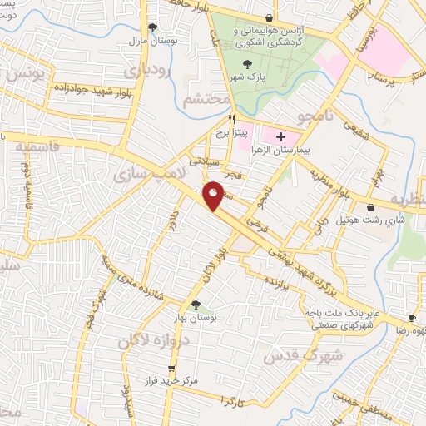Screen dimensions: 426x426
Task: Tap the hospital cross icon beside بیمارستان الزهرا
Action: (280, 136)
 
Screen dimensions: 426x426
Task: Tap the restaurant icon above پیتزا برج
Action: (219, 119)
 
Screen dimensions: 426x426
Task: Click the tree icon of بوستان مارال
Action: (151, 27)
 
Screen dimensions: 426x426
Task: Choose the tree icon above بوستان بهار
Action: (196, 305)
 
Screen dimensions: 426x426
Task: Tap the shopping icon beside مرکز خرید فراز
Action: (172, 368)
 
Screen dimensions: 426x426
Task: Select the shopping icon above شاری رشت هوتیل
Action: (370, 208)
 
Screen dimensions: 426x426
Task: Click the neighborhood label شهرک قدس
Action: (293, 349)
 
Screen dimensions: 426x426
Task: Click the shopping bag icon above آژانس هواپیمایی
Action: (268, 17)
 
